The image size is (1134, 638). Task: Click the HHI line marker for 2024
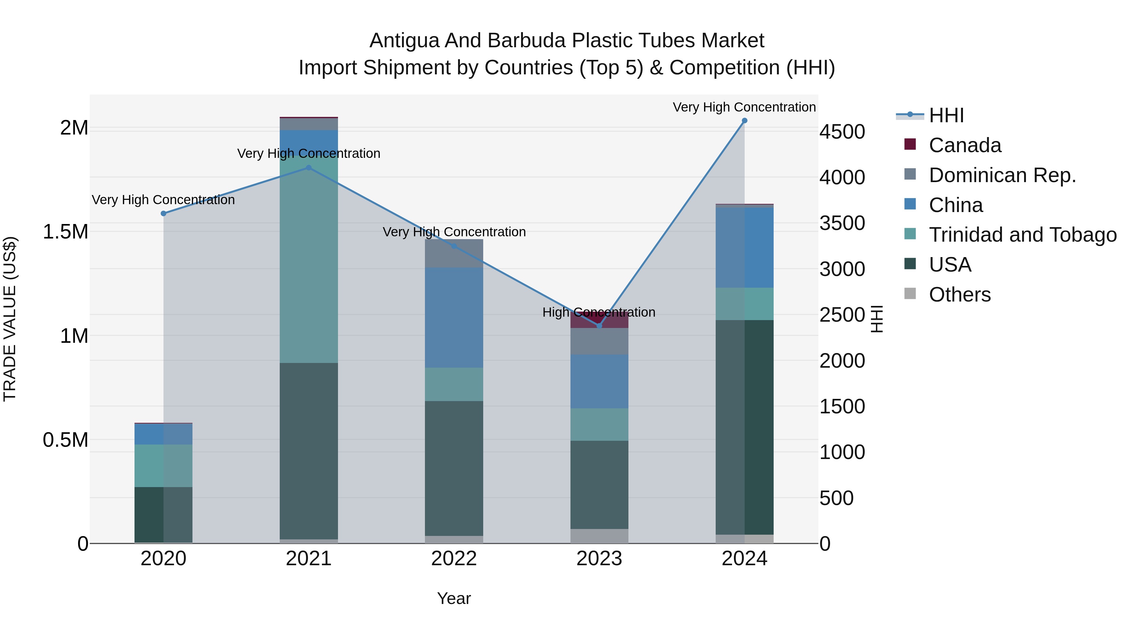pos(744,121)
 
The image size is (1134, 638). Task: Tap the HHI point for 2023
pos(599,326)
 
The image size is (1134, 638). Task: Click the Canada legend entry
pos(965,145)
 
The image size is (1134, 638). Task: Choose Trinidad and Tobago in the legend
pos(1022,235)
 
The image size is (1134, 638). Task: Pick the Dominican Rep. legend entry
pos(1002,175)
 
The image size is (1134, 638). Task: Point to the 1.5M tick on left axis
pos(66,232)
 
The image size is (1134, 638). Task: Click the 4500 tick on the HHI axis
pos(842,132)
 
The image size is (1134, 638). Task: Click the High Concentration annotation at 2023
pos(599,312)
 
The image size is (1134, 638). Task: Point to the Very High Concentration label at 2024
pos(744,107)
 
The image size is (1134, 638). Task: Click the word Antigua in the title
pos(404,41)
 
